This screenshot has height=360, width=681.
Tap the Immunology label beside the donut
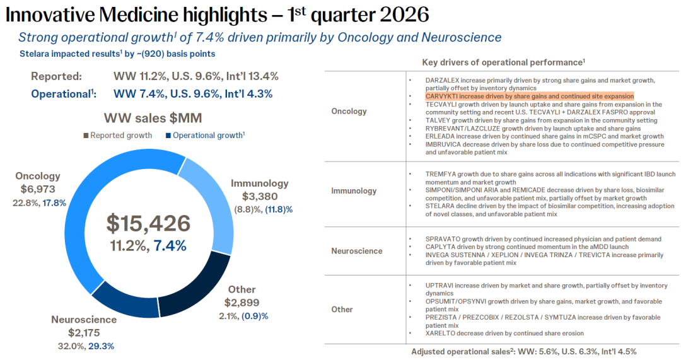[259, 183]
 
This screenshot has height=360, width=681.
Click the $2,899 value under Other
[242, 302]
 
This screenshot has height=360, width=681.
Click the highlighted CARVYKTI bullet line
[530, 96]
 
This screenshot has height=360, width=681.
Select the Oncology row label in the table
[349, 112]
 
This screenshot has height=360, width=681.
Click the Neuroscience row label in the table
[357, 251]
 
